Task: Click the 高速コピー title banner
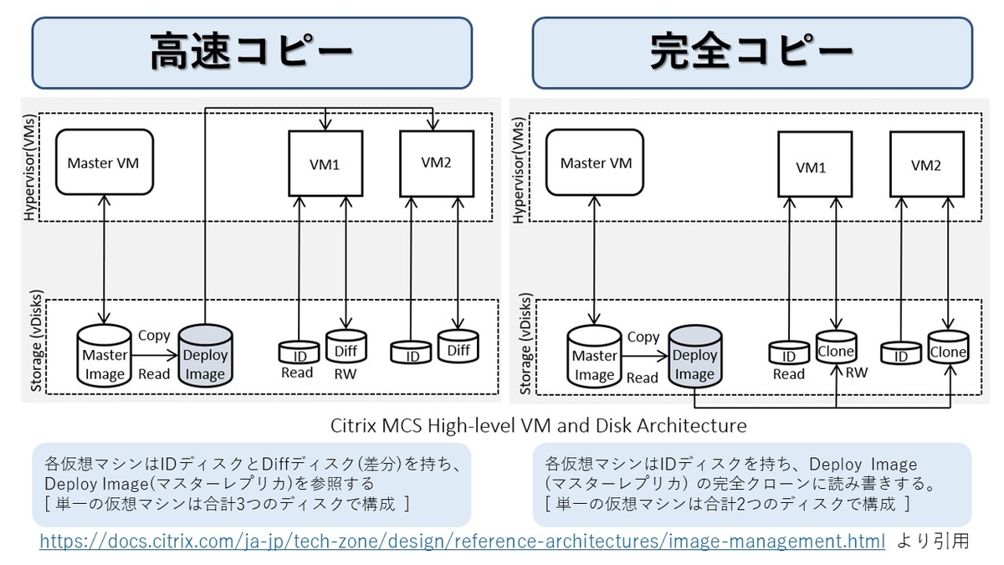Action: click(x=251, y=52)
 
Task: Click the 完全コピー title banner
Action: click(x=751, y=52)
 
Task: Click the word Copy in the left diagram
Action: click(x=154, y=335)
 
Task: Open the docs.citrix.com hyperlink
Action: click(x=462, y=542)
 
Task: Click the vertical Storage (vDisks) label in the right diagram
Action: click(x=525, y=344)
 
